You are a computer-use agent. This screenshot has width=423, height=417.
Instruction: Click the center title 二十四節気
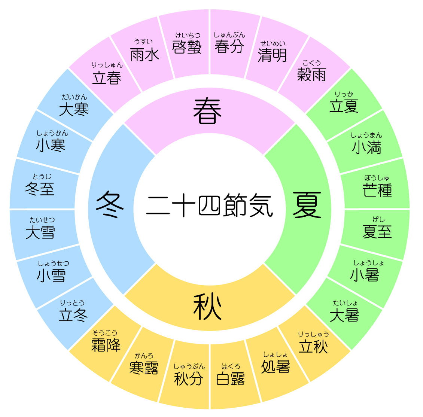click(210, 205)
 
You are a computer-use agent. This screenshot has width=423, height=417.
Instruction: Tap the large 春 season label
click(207, 111)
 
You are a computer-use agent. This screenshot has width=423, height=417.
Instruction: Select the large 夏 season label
click(307, 205)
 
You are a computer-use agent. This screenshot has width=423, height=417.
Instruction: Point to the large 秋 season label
click(207, 307)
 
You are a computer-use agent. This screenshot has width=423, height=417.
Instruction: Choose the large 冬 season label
click(110, 204)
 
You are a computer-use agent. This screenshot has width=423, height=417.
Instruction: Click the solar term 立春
click(107, 78)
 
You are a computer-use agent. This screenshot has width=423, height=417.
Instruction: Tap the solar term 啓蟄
click(187, 47)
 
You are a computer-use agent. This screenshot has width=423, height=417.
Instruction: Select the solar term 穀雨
click(311, 74)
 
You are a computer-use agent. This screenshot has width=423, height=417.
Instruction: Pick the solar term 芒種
click(377, 190)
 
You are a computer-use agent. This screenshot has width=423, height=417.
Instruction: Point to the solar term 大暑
click(344, 315)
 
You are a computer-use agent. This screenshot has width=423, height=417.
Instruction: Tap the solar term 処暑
click(276, 366)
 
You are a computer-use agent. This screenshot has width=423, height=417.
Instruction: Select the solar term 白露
click(230, 378)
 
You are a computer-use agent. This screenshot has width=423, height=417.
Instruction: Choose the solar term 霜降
click(106, 345)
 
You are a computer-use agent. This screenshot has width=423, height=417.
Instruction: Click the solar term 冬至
click(40, 189)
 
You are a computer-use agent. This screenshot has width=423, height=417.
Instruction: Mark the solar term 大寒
click(74, 109)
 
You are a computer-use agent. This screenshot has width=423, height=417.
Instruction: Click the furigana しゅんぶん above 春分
click(229, 35)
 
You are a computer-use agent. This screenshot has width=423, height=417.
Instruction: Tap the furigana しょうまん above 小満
click(366, 135)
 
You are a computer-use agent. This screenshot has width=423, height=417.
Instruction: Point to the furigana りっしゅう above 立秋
click(313, 335)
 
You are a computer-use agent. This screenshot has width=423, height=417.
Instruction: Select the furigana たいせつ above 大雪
click(42, 220)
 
